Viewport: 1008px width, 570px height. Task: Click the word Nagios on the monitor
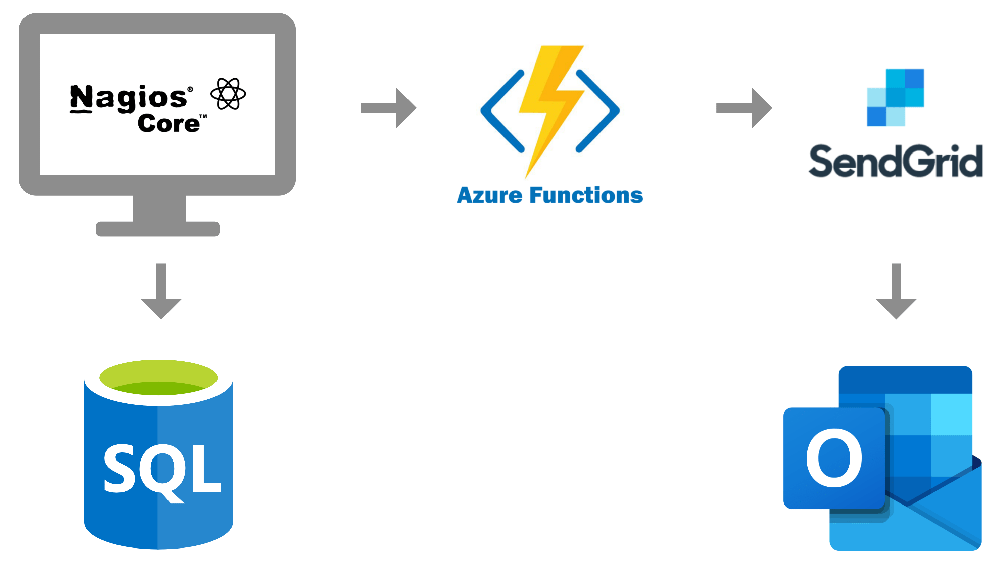tap(128, 98)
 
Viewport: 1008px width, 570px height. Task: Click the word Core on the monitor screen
tap(168, 124)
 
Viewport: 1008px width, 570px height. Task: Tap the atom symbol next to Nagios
tap(228, 94)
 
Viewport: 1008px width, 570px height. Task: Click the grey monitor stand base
tap(157, 229)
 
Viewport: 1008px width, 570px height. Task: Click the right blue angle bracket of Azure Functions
tap(598, 111)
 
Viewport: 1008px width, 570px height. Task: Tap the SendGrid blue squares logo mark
tap(895, 97)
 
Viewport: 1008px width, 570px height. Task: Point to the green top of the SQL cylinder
tap(158, 377)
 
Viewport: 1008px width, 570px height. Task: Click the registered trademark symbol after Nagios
tap(190, 89)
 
